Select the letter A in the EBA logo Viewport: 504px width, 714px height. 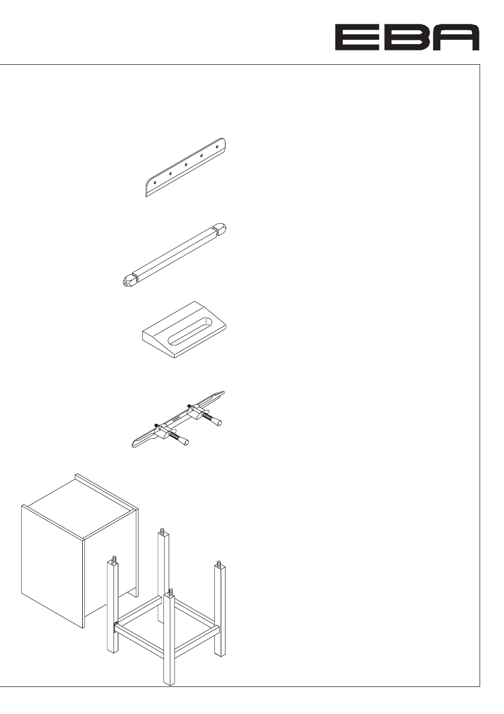click(456, 38)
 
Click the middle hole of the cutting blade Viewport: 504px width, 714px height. click(186, 164)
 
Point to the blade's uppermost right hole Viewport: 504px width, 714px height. click(217, 146)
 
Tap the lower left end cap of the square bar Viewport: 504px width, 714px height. click(128, 281)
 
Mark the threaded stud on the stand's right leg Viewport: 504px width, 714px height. click(219, 563)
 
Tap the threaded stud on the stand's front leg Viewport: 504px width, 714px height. click(170, 591)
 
